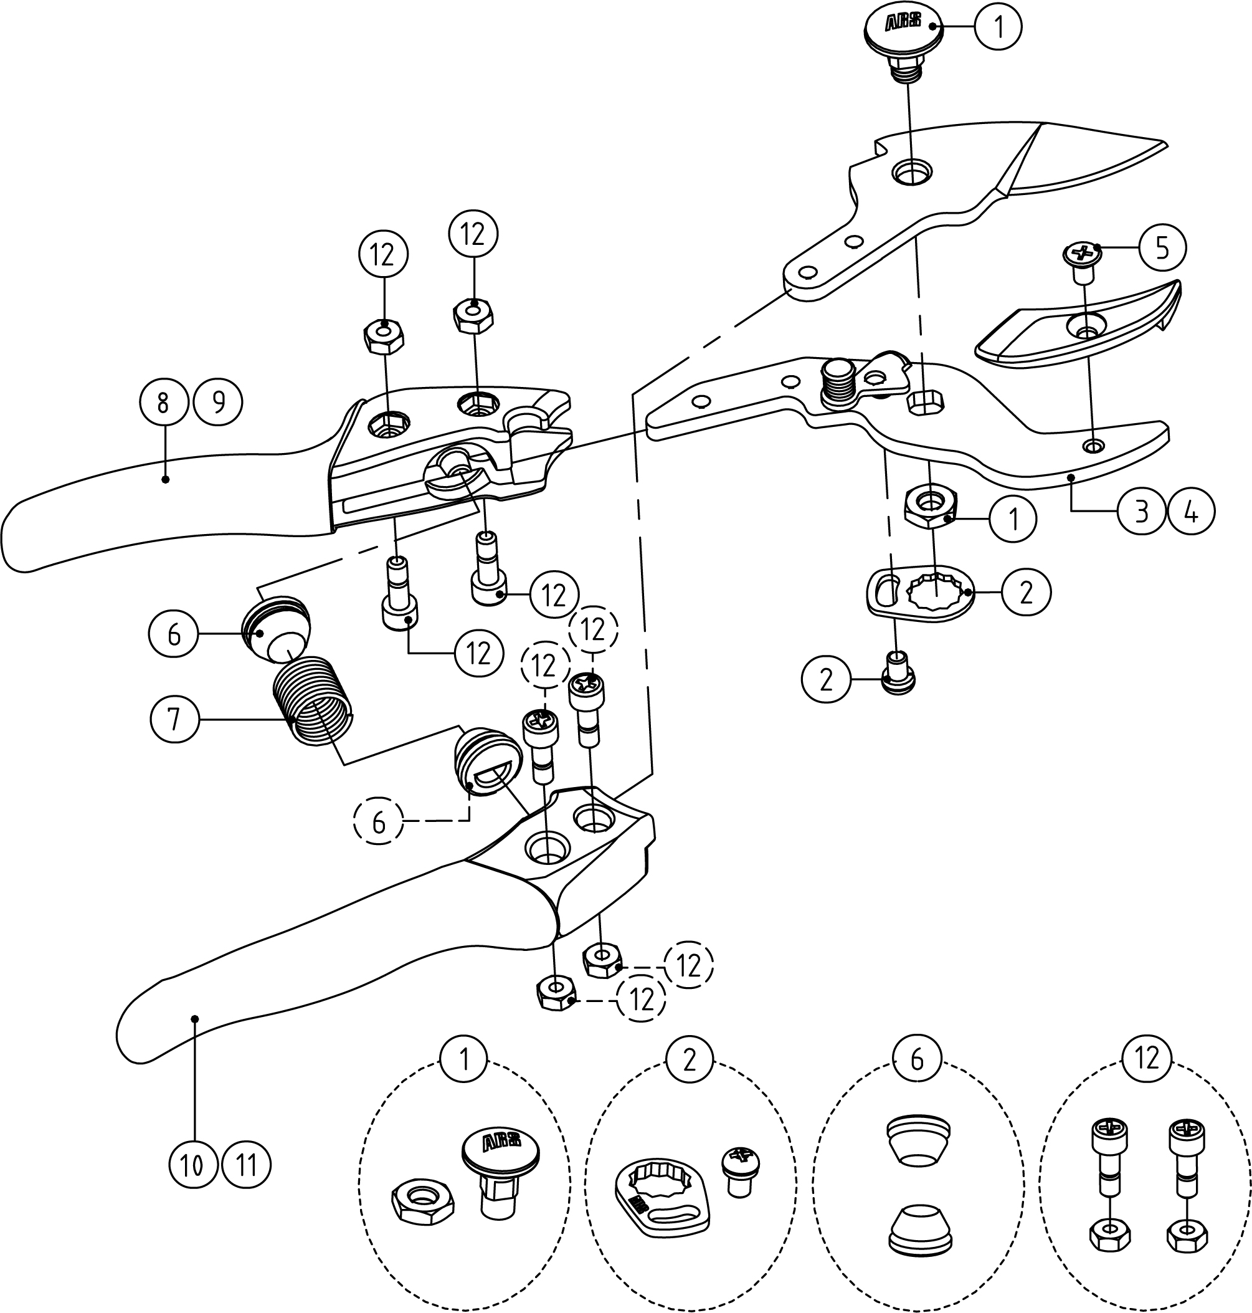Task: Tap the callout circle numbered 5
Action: click(1162, 247)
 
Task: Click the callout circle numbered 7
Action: click(174, 720)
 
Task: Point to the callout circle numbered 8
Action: click(163, 403)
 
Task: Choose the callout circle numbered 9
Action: click(218, 403)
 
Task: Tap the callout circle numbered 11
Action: click(247, 1165)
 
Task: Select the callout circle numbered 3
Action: click(1142, 512)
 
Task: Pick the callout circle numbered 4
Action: click(1191, 512)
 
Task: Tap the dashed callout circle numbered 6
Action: click(379, 822)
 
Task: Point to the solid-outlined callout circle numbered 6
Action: click(174, 634)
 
